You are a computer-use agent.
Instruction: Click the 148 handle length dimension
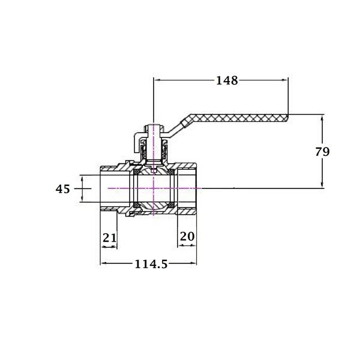(x=227, y=80)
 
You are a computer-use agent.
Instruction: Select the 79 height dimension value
(x=322, y=152)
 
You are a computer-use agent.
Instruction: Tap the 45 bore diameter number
(x=62, y=189)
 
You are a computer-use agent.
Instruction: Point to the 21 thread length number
(x=110, y=238)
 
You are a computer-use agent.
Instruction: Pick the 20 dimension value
(x=187, y=236)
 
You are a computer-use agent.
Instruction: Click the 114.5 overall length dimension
(x=151, y=264)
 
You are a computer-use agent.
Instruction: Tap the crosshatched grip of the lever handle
(x=239, y=118)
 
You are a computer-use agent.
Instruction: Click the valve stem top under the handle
(x=154, y=129)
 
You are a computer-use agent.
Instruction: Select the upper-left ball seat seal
(x=137, y=172)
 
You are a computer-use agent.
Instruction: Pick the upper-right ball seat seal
(x=170, y=172)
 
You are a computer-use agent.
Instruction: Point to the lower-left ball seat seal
(x=137, y=205)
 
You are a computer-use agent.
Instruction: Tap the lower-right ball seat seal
(x=170, y=205)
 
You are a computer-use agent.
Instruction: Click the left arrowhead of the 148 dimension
(x=157, y=80)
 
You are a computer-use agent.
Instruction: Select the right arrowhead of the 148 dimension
(x=284, y=80)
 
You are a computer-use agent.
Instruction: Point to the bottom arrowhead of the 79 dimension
(x=322, y=184)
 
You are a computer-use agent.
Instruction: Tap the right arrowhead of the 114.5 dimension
(x=193, y=263)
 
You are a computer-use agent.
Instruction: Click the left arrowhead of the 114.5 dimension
(x=104, y=263)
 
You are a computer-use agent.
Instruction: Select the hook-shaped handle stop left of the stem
(x=138, y=143)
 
